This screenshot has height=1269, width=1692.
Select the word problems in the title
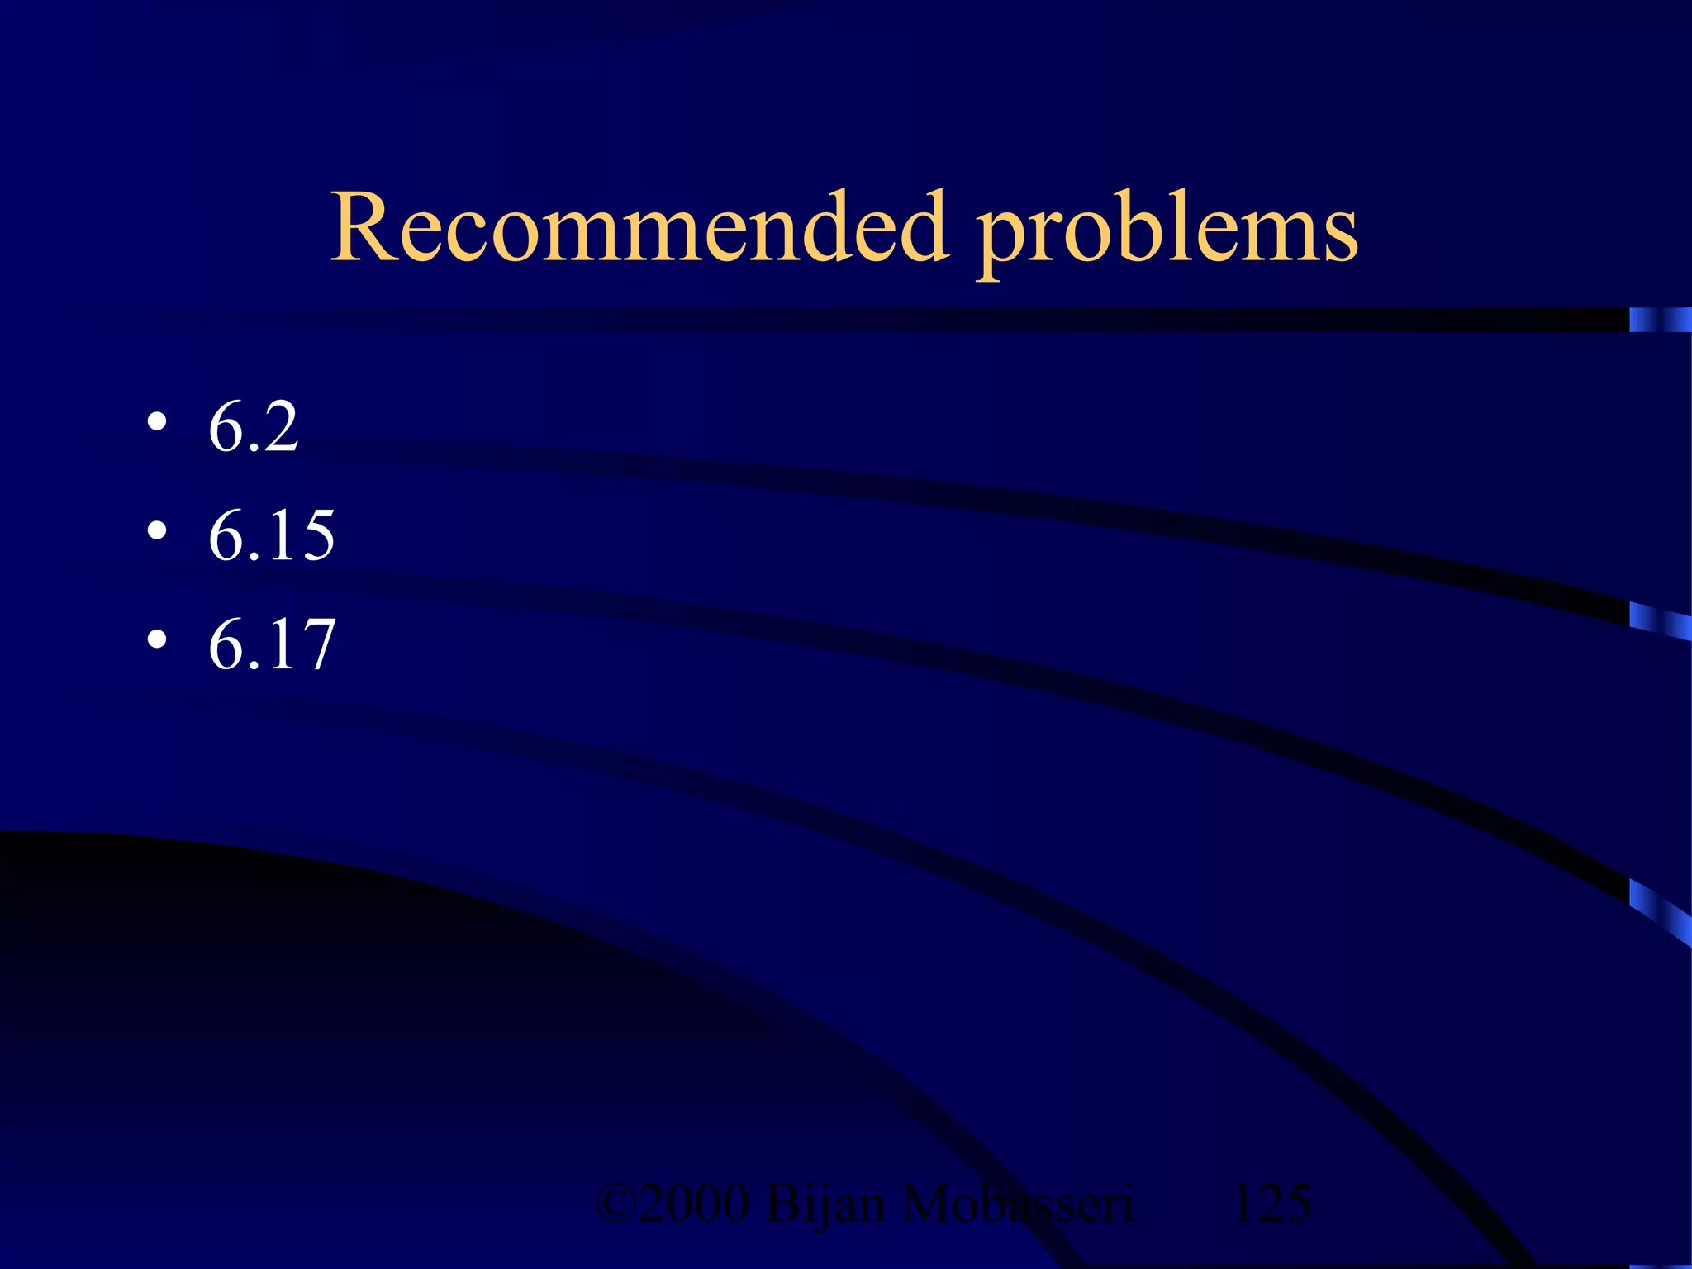[1167, 231]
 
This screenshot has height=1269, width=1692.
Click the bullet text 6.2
[253, 427]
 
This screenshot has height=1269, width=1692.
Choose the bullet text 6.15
[271, 535]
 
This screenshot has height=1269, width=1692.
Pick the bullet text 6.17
[271, 644]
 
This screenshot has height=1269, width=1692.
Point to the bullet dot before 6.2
[157, 424]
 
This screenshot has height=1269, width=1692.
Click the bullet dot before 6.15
[157, 532]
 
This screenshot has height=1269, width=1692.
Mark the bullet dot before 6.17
[157, 640]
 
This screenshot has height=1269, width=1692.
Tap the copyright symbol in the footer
[615, 1204]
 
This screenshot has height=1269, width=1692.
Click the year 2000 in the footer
[694, 1204]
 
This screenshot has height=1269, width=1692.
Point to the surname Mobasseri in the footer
[1018, 1204]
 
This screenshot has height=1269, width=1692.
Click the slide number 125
[1271, 1204]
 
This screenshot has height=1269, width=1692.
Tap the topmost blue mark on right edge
[1659, 320]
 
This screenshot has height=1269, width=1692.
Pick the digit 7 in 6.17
[314, 644]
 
